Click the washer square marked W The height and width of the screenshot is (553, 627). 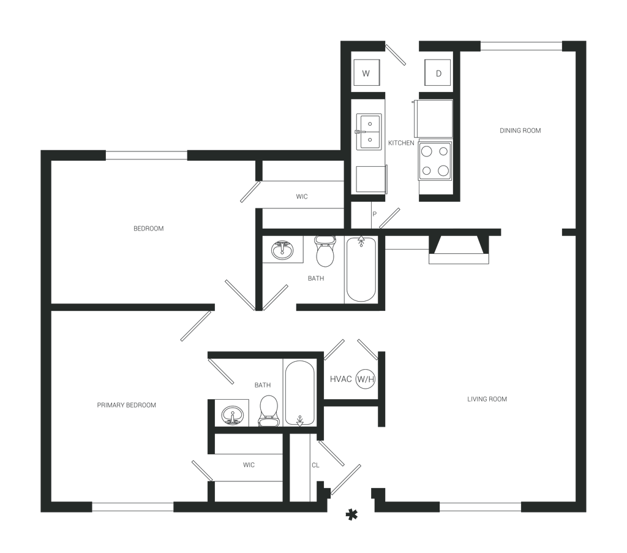(367, 74)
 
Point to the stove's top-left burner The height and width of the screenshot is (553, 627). (426, 150)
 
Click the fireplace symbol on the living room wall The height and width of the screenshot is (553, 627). (459, 250)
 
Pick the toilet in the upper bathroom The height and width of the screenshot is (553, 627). (324, 251)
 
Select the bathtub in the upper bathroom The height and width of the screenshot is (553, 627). (360, 269)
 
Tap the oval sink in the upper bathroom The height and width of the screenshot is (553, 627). (283, 250)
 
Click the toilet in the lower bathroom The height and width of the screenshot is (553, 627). (268, 409)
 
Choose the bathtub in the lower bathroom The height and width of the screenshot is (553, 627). (298, 392)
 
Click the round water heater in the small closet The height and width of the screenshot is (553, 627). (364, 378)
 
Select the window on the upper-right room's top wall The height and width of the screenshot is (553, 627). (520, 47)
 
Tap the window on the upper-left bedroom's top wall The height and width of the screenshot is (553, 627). (147, 156)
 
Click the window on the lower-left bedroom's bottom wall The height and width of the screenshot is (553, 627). (132, 507)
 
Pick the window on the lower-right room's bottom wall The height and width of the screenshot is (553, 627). (480, 507)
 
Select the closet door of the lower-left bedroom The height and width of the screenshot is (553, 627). (203, 471)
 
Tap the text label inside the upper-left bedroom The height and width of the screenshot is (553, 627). (149, 229)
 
